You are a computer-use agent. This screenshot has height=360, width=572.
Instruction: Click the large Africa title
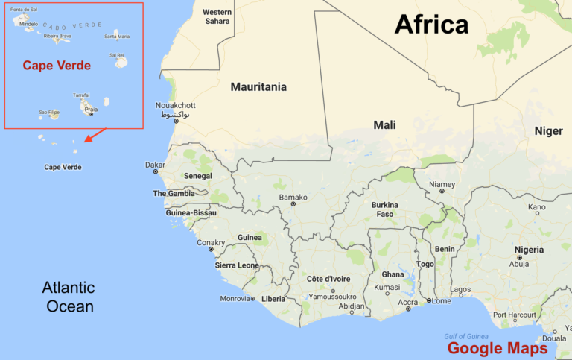click(431, 25)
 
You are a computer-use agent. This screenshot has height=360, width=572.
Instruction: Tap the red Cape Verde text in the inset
click(57, 66)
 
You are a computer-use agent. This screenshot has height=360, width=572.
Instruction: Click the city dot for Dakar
click(156, 171)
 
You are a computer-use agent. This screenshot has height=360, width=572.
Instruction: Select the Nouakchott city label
click(175, 105)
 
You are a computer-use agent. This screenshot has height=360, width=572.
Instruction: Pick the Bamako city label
click(293, 197)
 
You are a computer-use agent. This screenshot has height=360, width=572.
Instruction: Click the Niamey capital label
click(442, 184)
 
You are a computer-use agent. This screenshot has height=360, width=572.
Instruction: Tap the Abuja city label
click(519, 263)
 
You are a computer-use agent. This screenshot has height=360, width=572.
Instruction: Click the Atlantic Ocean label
click(69, 297)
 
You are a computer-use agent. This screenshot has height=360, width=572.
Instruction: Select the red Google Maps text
click(497, 348)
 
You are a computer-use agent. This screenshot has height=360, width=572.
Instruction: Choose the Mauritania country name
click(258, 86)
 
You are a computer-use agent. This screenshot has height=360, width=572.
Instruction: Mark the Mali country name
click(384, 125)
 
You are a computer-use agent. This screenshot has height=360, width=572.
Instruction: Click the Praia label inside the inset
click(91, 109)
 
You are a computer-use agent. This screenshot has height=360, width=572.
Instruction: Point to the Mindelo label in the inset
click(29, 24)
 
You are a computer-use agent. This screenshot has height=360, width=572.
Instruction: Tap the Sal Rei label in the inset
click(117, 54)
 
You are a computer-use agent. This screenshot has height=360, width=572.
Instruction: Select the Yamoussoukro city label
click(331, 296)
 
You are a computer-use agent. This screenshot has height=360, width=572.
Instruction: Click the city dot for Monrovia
click(253, 299)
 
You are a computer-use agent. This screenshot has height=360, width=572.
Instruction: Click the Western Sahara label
click(217, 16)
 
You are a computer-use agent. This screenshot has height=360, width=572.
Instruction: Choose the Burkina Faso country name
click(384, 209)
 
